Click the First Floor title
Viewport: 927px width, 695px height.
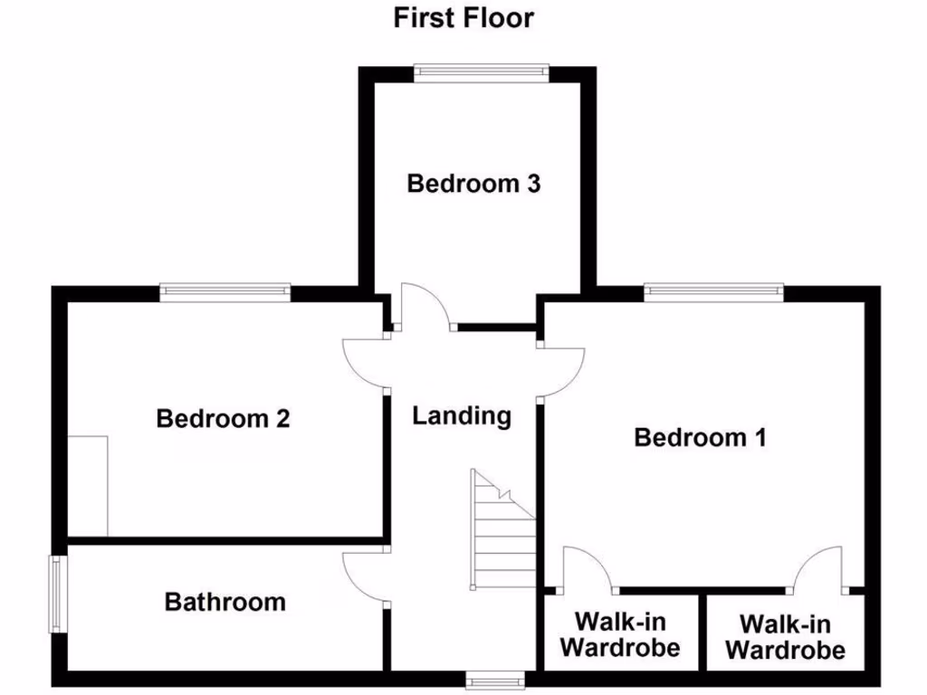pyautogui.click(x=463, y=18)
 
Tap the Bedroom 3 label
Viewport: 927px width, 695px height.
pyautogui.click(x=473, y=184)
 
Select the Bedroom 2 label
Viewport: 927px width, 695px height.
pyautogui.click(x=223, y=419)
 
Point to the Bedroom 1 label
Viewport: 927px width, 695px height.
pyautogui.click(x=700, y=438)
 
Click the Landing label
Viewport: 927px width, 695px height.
pyautogui.click(x=462, y=416)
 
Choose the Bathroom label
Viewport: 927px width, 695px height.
pyautogui.click(x=225, y=602)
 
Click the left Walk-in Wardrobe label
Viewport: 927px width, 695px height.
pyautogui.click(x=620, y=635)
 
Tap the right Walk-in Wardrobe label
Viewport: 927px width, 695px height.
pyautogui.click(x=786, y=637)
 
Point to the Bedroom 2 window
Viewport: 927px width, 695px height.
pyautogui.click(x=225, y=292)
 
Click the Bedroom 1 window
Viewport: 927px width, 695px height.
pyautogui.click(x=713, y=292)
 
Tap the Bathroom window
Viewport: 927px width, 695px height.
pyautogui.click(x=57, y=594)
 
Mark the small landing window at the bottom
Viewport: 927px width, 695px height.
pyautogui.click(x=495, y=678)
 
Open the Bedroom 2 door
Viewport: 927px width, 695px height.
pyautogui.click(x=366, y=362)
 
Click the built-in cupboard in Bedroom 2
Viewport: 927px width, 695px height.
pyautogui.click(x=89, y=485)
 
